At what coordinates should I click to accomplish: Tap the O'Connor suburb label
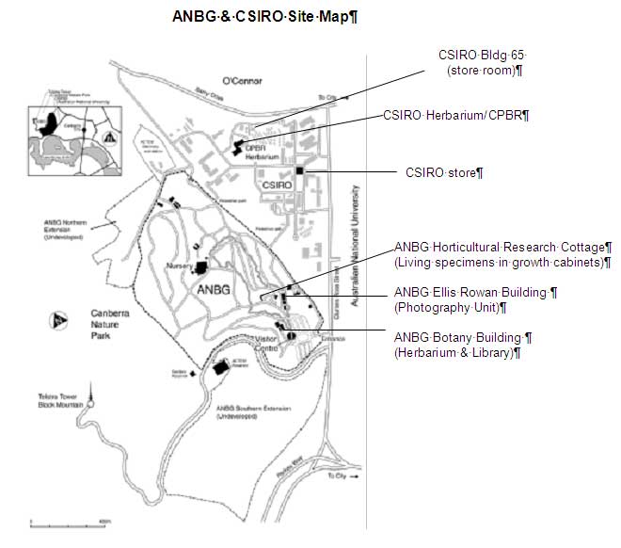click(x=239, y=79)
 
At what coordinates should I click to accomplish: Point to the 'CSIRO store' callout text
click(x=443, y=172)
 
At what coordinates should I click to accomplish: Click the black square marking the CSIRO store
click(x=298, y=170)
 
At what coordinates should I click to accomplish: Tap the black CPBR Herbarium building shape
click(x=236, y=147)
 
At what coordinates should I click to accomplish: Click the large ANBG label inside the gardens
click(x=215, y=291)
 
